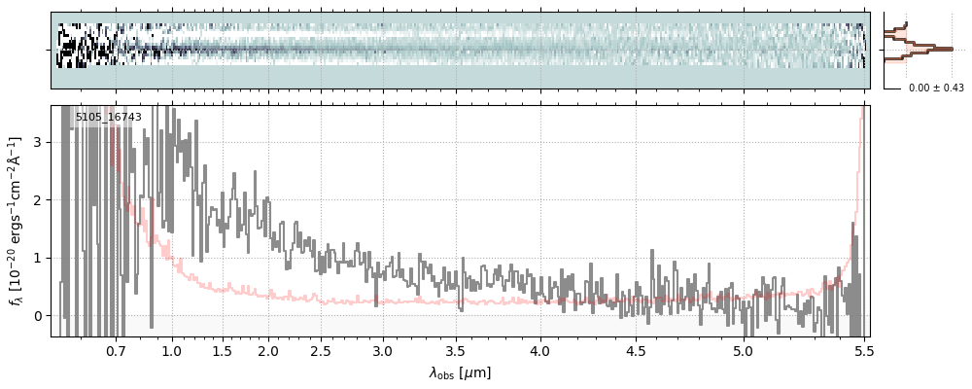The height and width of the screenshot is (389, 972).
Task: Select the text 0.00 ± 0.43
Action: pos(934,88)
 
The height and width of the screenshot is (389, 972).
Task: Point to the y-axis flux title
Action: pos(17,221)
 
